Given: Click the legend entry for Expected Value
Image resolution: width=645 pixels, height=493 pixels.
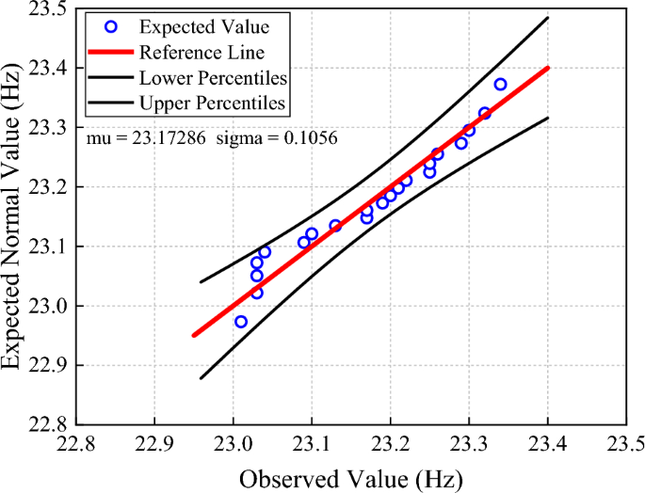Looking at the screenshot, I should point(193,27).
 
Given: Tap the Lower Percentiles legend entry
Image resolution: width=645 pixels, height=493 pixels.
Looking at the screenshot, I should point(213,76).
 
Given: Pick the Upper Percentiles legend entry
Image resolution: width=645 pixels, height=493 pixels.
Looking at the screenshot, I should point(213,101).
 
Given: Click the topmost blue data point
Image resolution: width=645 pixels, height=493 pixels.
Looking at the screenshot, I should point(500,85).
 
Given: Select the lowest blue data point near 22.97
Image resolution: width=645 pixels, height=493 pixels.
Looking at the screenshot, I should point(241,322).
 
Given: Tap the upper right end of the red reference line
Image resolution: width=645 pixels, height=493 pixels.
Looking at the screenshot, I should point(547,68).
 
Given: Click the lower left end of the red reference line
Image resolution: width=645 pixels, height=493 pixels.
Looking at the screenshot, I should point(194,335).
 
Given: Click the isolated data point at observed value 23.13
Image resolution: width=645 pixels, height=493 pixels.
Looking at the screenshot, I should point(335,226).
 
